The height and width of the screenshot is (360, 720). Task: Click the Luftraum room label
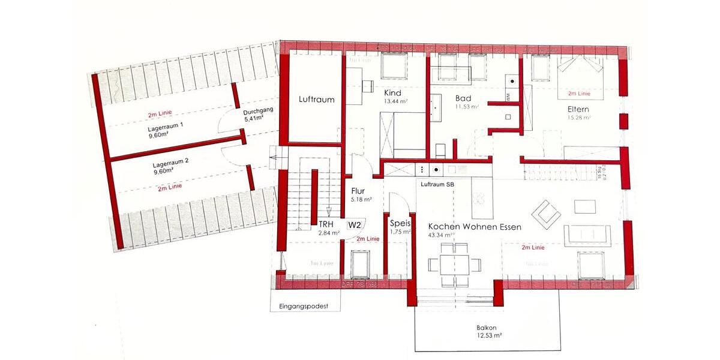316,100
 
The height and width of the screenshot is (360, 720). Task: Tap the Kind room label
392,93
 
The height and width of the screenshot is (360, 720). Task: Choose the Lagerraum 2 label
170,163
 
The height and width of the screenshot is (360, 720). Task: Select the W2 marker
355,225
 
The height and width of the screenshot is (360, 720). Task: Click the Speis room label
400,223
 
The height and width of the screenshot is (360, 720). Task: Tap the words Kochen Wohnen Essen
475,227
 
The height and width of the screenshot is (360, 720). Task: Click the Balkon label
487,328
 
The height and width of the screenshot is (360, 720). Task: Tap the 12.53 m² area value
489,336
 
